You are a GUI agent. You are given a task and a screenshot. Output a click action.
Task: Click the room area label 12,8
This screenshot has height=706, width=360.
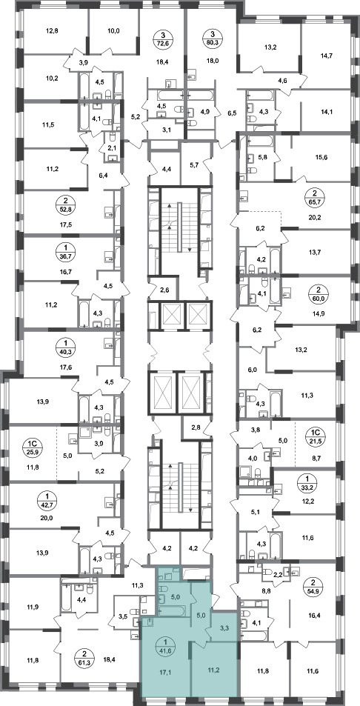click(x=53, y=31)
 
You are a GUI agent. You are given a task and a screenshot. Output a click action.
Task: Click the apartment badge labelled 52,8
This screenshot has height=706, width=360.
click(x=66, y=204)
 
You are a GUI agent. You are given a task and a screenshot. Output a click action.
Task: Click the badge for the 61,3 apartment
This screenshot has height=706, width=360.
click(x=82, y=657)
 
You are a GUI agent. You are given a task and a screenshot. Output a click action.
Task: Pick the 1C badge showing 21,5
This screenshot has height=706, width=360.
click(x=315, y=436)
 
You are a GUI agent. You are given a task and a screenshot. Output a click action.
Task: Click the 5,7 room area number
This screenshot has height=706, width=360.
click(x=195, y=164)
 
